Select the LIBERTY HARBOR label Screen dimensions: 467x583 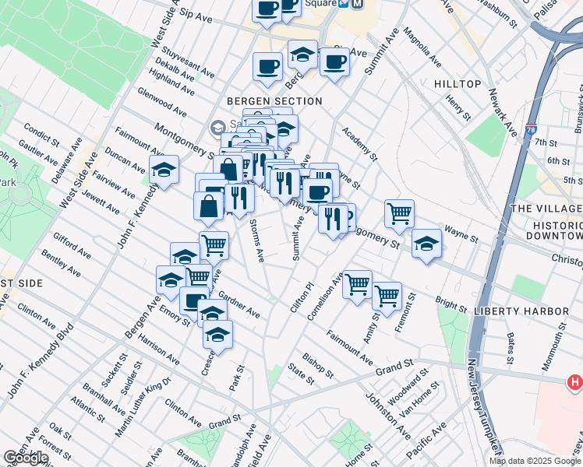pyautogui.click(x=521, y=311)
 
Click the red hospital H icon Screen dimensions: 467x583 pyautogui.click(x=575, y=383)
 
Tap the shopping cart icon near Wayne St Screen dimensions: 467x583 pyautogui.click(x=399, y=212)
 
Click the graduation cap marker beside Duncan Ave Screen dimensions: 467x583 pyautogui.click(x=164, y=170)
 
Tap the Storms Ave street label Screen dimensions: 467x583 pyautogui.click(x=257, y=241)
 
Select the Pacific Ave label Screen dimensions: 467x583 pyautogui.click(x=429, y=440)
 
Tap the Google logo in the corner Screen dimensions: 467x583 pyautogui.click(x=26, y=458)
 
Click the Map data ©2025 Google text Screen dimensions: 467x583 pyautogui.click(x=534, y=461)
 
